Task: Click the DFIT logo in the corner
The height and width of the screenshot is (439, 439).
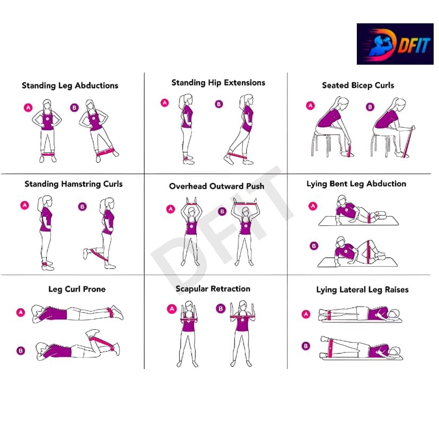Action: pyautogui.click(x=395, y=44)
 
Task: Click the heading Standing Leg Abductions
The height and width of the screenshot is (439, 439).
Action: pyautogui.click(x=70, y=85)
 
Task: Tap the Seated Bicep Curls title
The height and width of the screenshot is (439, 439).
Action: pyautogui.click(x=358, y=85)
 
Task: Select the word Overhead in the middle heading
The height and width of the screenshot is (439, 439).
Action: pyautogui.click(x=188, y=186)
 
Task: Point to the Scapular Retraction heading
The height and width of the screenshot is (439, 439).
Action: pyautogui.click(x=213, y=288)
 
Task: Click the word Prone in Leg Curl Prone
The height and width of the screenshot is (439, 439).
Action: pyautogui.click(x=94, y=289)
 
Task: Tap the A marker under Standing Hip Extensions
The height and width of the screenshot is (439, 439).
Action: pyautogui.click(x=164, y=103)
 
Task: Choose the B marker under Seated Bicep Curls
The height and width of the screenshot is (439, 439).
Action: pyautogui.click(x=370, y=107)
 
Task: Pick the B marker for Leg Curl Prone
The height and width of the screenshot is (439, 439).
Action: pyautogui.click(x=21, y=350)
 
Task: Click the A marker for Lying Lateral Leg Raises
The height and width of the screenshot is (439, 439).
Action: pyautogui.click(x=306, y=314)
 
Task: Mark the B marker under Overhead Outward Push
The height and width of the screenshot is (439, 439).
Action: pyautogui.click(x=222, y=211)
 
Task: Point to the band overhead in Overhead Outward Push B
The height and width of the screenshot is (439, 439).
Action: pyautogui.click(x=245, y=204)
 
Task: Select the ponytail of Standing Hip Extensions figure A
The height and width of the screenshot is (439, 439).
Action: pyautogui.click(x=181, y=102)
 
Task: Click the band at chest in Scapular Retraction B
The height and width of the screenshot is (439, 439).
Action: pyautogui.click(x=243, y=317)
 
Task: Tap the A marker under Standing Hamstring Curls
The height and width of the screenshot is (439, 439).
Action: pyautogui.click(x=24, y=205)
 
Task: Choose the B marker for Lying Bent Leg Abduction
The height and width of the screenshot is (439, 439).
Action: pyautogui.click(x=314, y=246)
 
